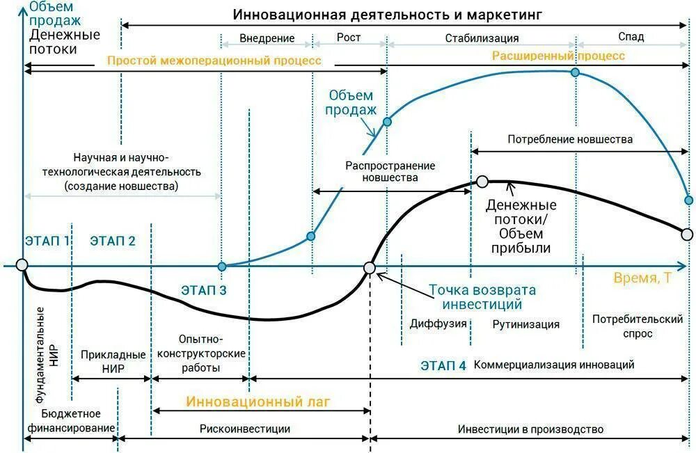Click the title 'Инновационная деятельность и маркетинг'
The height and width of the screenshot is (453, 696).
tap(387, 14)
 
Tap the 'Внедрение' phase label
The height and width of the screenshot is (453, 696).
tap(267, 38)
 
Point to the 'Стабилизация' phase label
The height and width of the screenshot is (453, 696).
tap(482, 38)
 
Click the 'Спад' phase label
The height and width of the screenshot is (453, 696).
tap(631, 38)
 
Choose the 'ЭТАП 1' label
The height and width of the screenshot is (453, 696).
tap(47, 241)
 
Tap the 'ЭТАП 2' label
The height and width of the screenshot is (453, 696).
tap(113, 241)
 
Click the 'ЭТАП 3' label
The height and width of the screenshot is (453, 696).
tap(204, 291)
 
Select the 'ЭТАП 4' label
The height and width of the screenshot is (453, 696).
tap(443, 365)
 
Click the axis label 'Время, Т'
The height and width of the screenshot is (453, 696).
tap(642, 278)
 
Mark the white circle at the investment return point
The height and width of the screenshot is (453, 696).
tap(370, 267)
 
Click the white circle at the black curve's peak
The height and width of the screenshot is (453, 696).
tap(482, 182)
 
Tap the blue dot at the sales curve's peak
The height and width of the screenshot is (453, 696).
tap(575, 72)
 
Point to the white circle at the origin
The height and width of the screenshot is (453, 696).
tap(22, 265)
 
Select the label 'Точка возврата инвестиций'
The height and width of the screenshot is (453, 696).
tap(482, 296)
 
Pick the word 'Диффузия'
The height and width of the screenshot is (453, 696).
tap(438, 324)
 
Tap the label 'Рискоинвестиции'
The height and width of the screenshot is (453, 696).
tap(244, 429)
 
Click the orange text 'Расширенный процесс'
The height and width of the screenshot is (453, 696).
tap(558, 56)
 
